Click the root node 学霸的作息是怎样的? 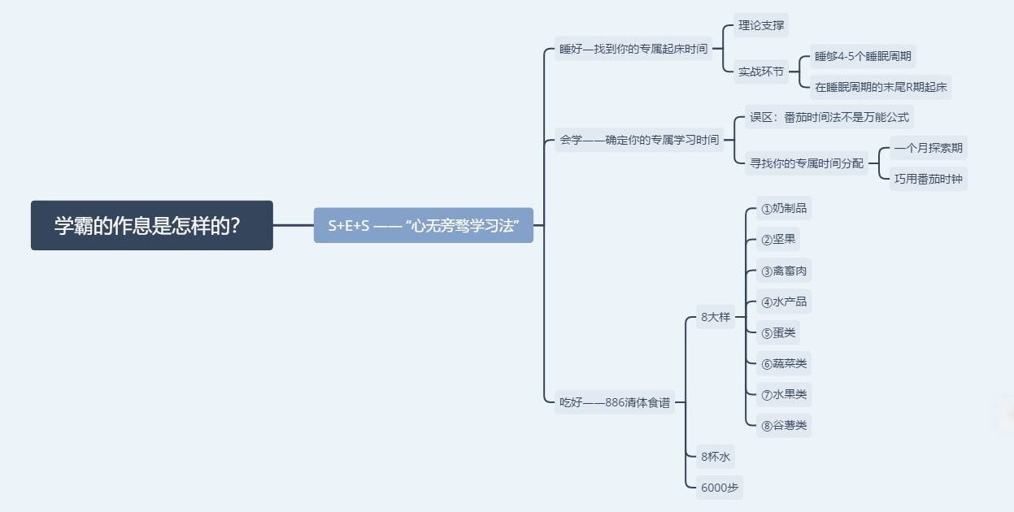(151, 225)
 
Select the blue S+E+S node (424, 225)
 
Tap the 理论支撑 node (761, 25)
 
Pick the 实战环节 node (760, 72)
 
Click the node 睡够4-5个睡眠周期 (863, 56)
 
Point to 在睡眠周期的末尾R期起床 (881, 87)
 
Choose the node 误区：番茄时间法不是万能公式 (829, 117)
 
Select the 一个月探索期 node (928, 148)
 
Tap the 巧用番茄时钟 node (928, 179)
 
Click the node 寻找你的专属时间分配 (806, 163)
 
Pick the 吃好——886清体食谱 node (614, 402)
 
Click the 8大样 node (716, 317)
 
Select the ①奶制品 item (784, 208)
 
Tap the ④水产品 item (784, 302)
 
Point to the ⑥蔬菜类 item (784, 363)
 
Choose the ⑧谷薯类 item (784, 425)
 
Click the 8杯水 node (716, 457)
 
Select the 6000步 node (720, 488)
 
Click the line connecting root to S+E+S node (294, 225)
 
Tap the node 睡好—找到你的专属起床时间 (633, 49)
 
